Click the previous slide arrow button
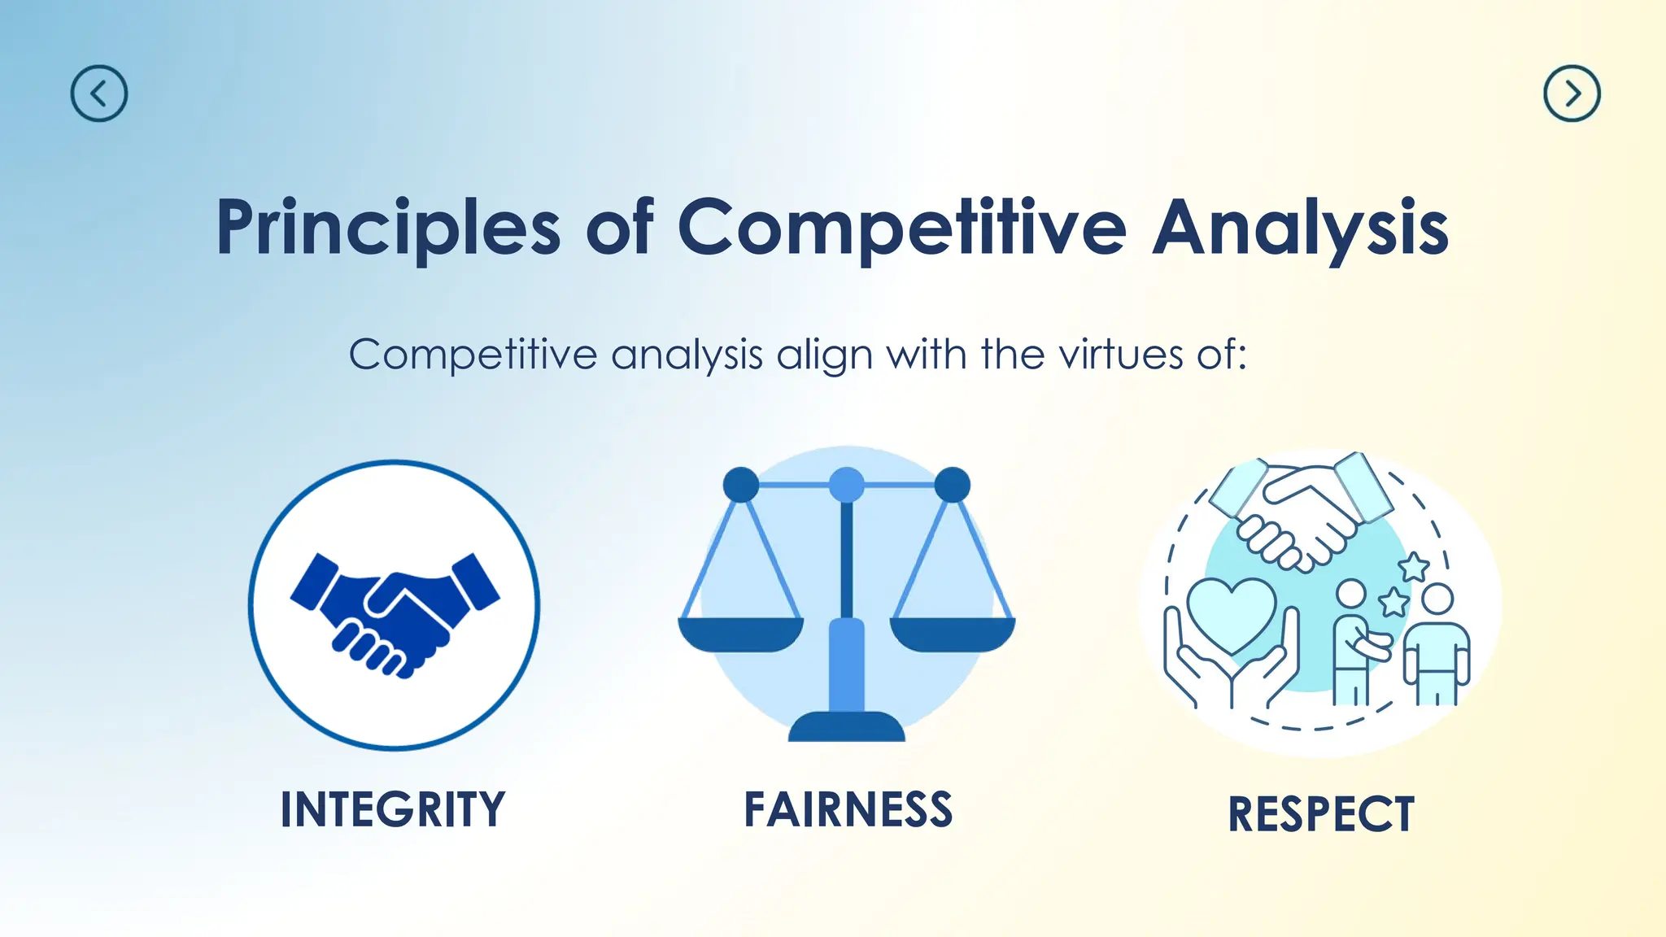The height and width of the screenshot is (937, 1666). [99, 94]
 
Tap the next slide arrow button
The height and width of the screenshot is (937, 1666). [1572, 94]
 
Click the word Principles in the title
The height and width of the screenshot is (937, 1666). [388, 229]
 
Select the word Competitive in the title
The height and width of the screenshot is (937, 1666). [901, 229]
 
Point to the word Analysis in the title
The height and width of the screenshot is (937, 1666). [1300, 229]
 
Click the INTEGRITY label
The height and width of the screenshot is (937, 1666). [393, 809]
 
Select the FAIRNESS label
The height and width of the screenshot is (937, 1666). [848, 809]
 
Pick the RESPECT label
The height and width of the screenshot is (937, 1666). [1321, 814]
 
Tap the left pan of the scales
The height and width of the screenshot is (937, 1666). [740, 634]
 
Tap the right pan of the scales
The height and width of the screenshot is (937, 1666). [953, 634]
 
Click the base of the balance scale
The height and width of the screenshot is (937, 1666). [846, 726]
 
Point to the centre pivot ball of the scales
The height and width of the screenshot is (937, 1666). [846, 485]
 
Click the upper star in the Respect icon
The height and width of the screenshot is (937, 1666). [1414, 566]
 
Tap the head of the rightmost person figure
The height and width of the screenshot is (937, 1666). [1437, 599]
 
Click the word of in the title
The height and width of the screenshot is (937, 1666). [619, 229]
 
